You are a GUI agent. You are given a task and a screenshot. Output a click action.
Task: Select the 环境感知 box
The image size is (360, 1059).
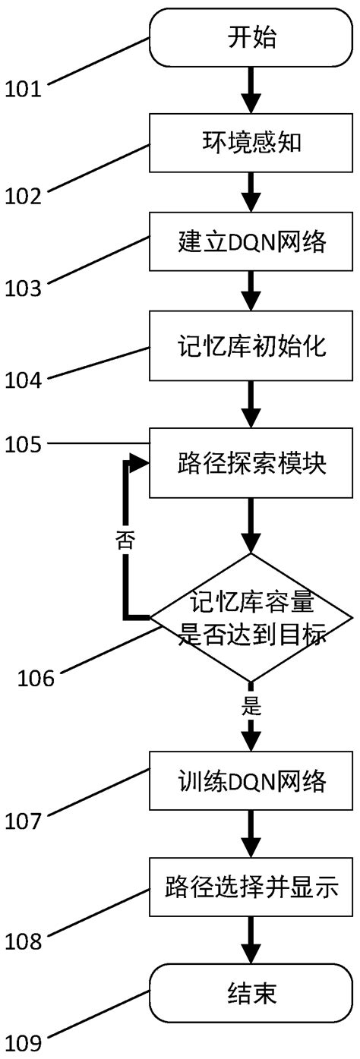[x=251, y=143]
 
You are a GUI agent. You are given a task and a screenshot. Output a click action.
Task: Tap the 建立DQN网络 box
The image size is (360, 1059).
[x=251, y=242]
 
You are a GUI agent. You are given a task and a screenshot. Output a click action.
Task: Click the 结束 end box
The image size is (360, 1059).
[x=251, y=991]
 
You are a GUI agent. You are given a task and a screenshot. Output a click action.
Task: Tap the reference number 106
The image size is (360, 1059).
[x=36, y=677]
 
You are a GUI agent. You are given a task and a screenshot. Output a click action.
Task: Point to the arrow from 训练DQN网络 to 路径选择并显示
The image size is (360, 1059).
[x=251, y=834]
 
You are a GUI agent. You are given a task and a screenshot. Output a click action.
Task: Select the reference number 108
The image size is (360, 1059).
[x=24, y=941]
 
